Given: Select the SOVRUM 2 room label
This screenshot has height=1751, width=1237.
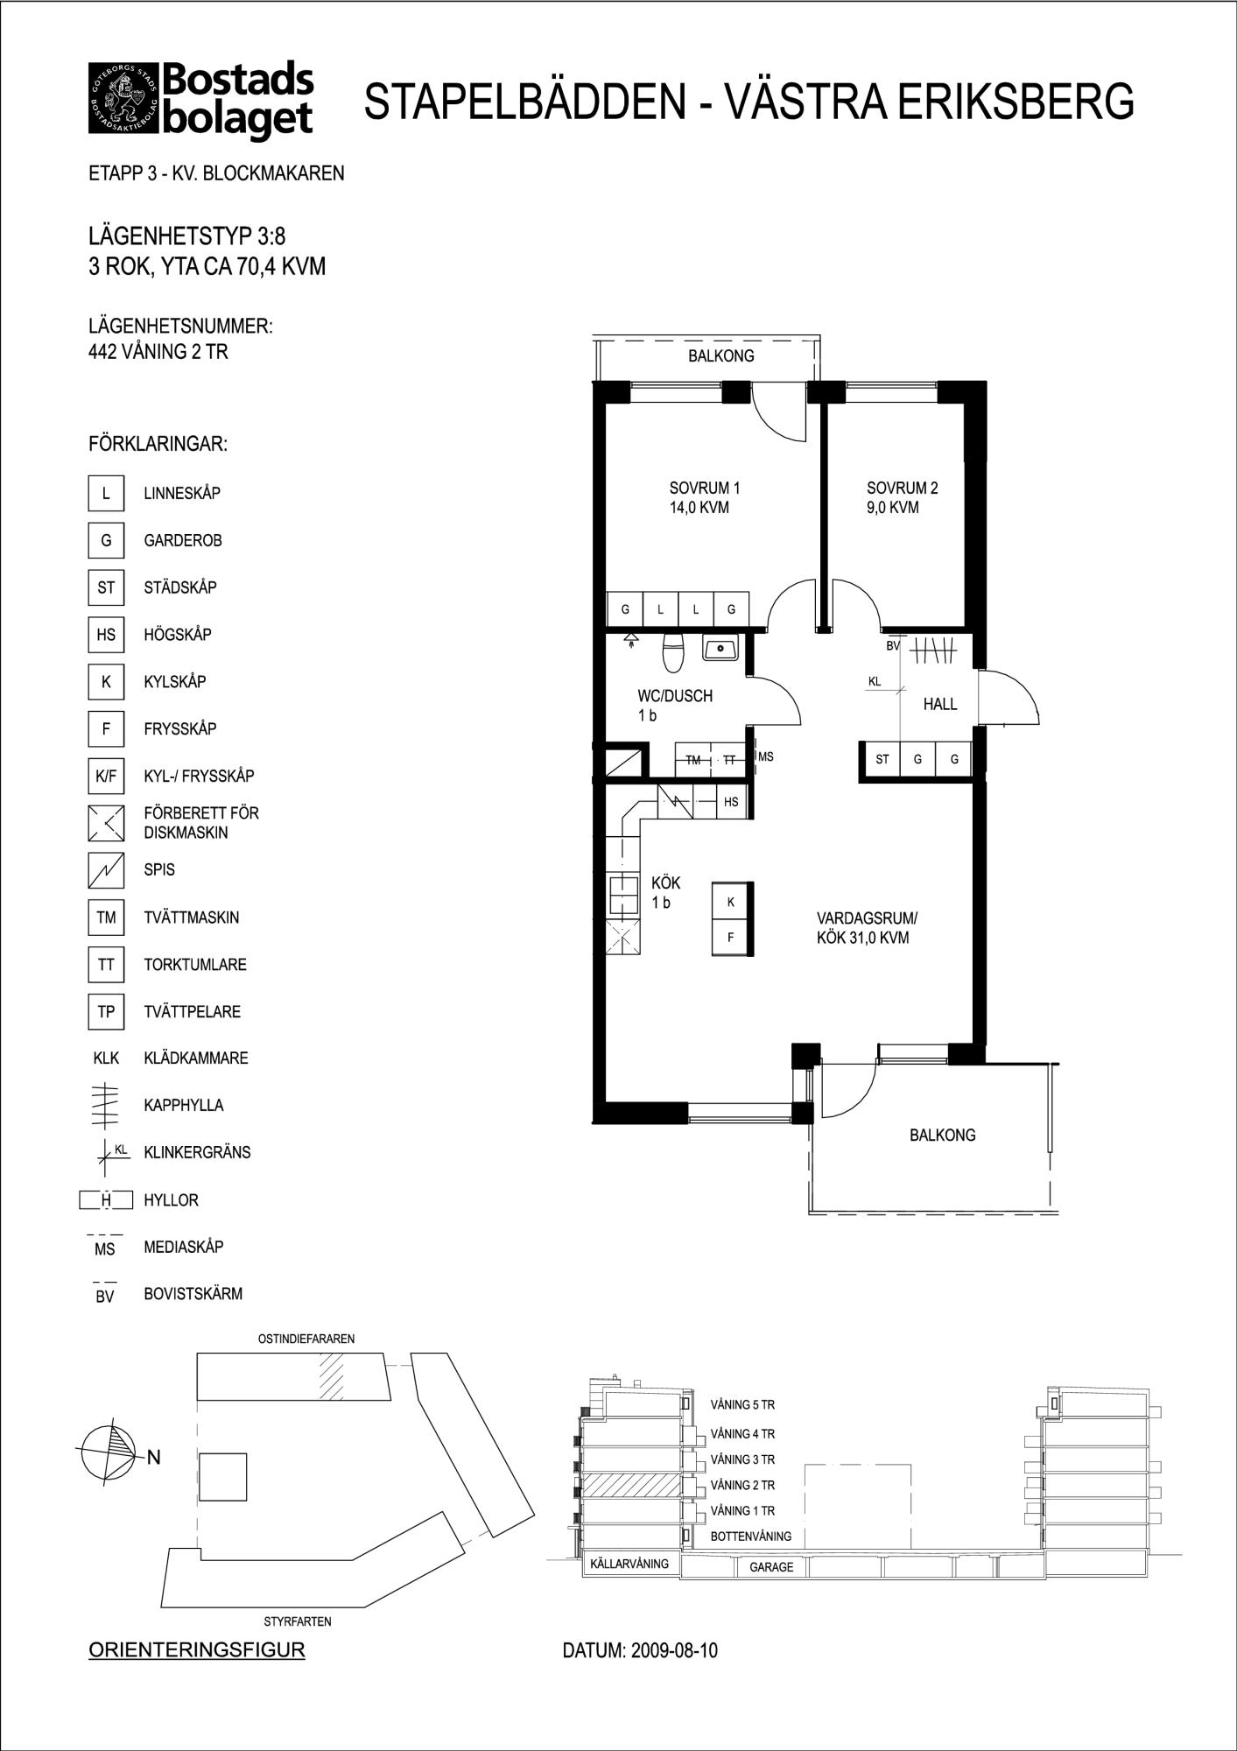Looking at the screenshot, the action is [902, 497].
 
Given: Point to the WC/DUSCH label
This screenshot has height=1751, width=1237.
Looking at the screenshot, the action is [674, 705].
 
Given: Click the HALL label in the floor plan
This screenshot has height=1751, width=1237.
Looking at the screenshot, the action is [939, 704].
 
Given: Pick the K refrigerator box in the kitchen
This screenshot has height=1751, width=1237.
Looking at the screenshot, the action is [731, 902].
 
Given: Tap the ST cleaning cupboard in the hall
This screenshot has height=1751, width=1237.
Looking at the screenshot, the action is [882, 759].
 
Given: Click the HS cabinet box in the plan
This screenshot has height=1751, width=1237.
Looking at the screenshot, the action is [731, 801].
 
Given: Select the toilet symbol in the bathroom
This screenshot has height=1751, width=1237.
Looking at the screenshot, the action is [672, 652].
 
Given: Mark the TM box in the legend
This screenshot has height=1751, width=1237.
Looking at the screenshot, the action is [106, 918].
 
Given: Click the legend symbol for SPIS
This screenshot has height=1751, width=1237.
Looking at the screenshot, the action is [106, 870].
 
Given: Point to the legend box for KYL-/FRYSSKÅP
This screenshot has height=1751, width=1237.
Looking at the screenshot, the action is [106, 776].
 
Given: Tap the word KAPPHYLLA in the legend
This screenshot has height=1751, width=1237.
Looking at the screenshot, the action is [184, 1105].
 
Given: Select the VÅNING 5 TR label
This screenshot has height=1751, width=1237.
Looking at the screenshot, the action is [742, 1405].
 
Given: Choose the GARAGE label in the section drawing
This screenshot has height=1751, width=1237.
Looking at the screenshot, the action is [771, 1567].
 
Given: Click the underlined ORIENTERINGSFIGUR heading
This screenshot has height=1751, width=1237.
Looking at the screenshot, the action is [197, 1650].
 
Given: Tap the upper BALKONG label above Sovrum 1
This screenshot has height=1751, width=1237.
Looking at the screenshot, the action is [720, 356].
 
